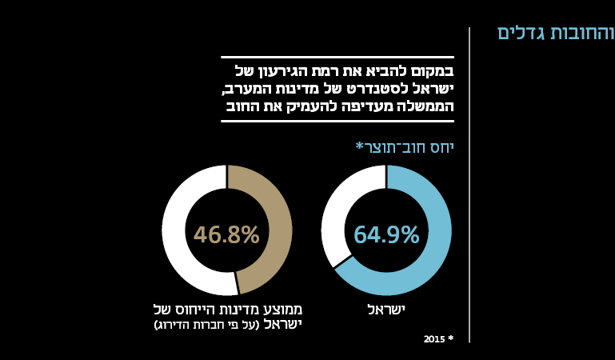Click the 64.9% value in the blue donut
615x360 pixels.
point(386,234)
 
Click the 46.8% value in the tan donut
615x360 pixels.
point(226,234)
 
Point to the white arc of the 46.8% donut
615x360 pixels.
point(180,232)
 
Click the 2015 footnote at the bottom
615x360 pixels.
point(438,339)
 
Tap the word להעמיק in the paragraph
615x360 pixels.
point(307,106)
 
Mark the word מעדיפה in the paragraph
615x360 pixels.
point(367,106)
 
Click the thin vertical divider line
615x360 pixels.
point(469,184)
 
